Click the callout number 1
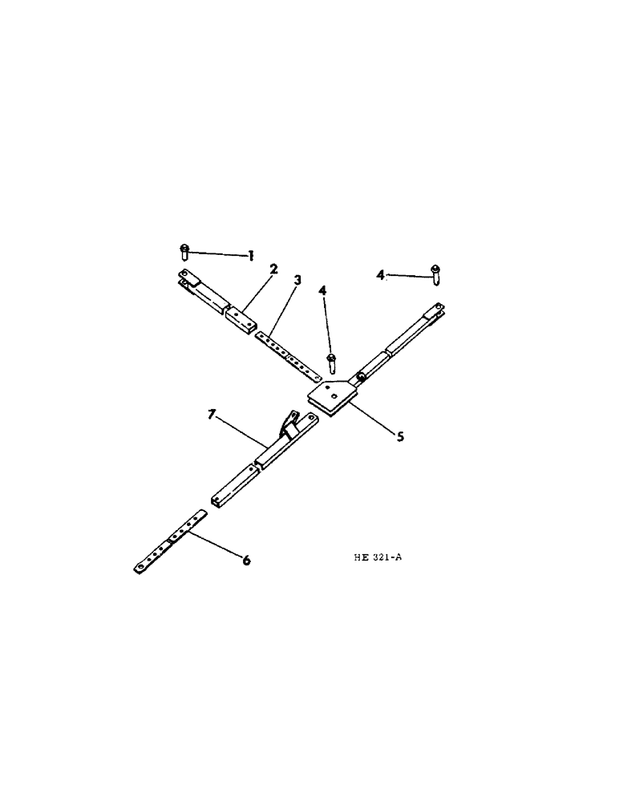[x=251, y=256]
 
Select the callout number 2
[x=274, y=270]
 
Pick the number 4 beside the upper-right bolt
[x=381, y=275]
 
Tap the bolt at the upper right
[x=435, y=273]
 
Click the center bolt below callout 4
[x=330, y=363]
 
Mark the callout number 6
[x=246, y=561]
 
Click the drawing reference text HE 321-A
[x=376, y=559]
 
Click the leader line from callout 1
[x=217, y=254]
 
